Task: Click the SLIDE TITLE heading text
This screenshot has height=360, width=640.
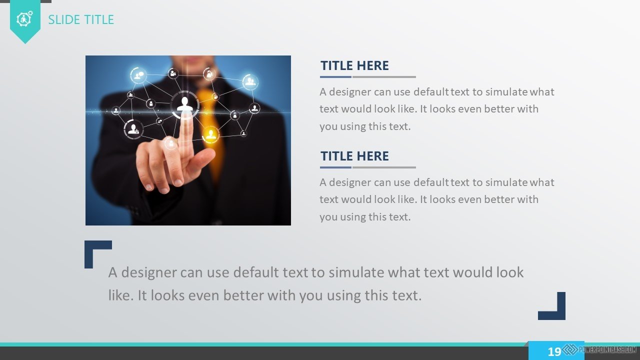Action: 81,19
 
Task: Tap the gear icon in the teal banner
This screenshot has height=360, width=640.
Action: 24,19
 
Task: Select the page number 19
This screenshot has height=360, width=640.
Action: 554,351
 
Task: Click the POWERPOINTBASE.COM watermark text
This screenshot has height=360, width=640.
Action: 607,349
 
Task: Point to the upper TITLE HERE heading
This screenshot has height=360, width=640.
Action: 354,65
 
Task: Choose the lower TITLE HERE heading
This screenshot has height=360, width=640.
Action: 354,156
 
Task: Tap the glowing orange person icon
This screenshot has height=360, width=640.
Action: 211,134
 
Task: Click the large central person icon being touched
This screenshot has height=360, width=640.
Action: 185,104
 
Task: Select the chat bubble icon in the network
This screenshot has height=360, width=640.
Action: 138,75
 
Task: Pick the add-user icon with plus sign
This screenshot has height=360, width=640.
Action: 133,129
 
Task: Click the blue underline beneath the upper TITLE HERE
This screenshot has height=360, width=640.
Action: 335,77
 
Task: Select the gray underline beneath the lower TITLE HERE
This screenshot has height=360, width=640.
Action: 384,167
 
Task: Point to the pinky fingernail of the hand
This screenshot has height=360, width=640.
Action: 148,187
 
